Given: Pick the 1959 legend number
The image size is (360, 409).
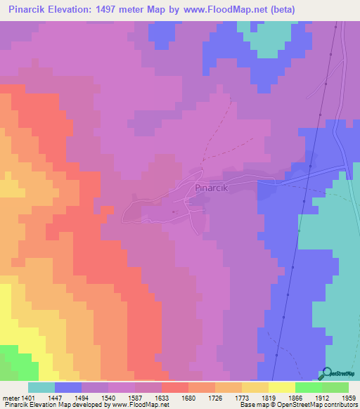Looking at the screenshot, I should click(349, 398).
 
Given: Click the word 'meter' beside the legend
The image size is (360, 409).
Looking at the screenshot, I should click(11, 398).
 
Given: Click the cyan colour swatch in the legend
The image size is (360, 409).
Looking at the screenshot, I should click(41, 387).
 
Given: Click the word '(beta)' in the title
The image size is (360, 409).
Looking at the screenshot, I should click(280, 9).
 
